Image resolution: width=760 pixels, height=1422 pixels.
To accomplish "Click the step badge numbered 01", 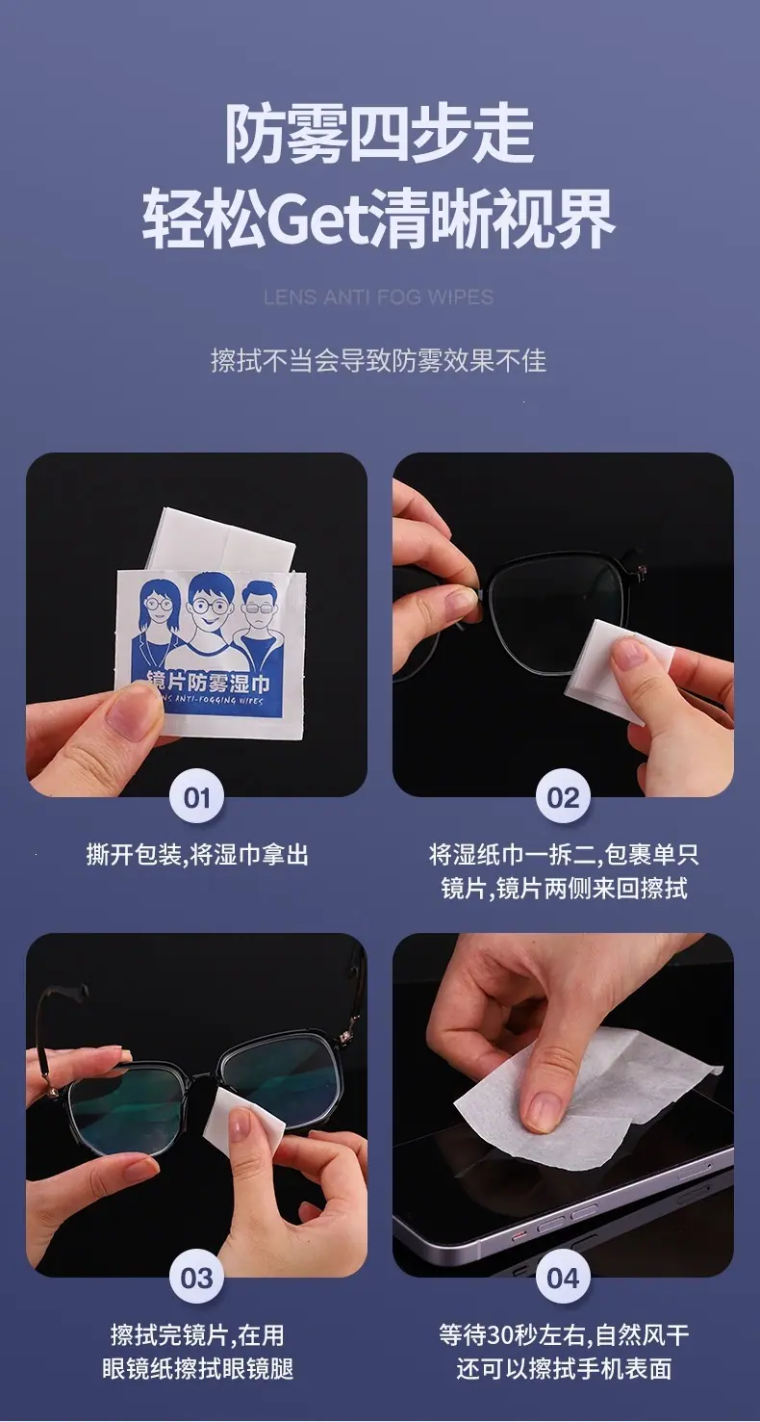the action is tap(196, 797).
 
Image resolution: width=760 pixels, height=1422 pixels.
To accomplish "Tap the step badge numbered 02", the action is tap(563, 797).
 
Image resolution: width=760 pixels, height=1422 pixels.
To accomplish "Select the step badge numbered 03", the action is tap(196, 1278).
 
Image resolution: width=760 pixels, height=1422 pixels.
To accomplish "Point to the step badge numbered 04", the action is tap(563, 1278).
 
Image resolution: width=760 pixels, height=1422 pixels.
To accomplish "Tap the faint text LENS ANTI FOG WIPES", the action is tap(379, 297).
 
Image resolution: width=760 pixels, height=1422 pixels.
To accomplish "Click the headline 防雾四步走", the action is tap(379, 134).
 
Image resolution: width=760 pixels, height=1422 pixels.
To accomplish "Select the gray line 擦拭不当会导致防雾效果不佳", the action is tap(379, 361).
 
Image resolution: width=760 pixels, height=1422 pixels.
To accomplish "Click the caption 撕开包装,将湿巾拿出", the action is tap(197, 855).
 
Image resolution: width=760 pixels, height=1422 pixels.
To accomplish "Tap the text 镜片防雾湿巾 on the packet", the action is tap(208, 682).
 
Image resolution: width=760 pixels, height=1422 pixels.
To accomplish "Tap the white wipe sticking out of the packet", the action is tap(222, 539).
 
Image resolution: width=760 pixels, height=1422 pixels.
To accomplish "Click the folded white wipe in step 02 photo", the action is tap(606, 673).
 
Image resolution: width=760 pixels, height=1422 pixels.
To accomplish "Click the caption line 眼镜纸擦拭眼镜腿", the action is tap(197, 1368).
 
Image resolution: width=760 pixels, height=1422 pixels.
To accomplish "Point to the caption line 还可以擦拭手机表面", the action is tap(564, 1368).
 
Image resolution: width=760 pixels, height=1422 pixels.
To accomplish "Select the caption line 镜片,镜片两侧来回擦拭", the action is tap(564, 888).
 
